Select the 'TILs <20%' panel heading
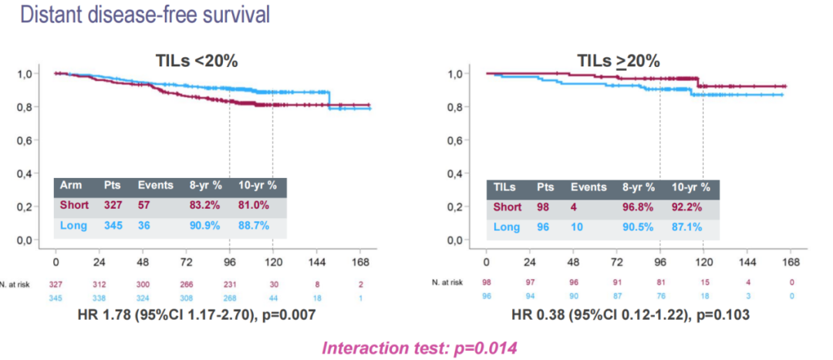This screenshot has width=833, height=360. tap(188, 61)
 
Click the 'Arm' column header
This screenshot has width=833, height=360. tap(71, 187)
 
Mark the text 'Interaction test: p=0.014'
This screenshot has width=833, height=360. tap(418, 348)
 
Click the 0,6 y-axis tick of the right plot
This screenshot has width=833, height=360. tap(454, 141)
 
